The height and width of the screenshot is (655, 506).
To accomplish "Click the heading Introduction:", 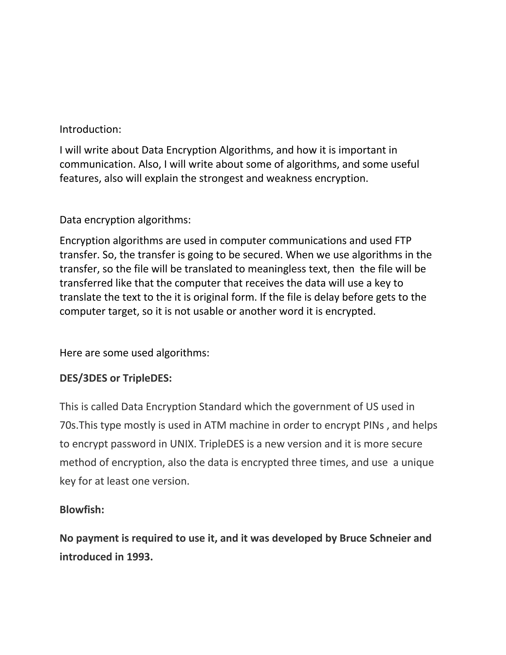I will point(90,129).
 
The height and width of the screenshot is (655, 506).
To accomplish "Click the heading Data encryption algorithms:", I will point(125,220).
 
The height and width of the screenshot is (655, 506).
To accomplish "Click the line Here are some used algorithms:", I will point(134,353).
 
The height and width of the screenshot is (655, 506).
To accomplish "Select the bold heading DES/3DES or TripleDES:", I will point(116,378).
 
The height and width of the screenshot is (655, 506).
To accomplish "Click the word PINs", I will point(372,425).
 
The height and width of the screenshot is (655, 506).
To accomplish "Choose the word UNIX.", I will point(183,444).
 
